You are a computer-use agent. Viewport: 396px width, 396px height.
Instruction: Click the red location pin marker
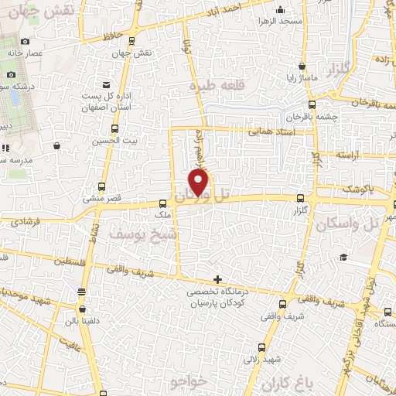pyautogui.click(x=199, y=182)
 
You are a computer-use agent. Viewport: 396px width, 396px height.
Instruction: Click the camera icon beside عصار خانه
pyautogui.click(x=26, y=41)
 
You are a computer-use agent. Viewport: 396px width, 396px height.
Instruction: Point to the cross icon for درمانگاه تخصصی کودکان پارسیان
pyautogui.click(x=217, y=279)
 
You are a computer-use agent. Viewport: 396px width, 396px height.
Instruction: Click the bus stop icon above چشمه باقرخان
pyautogui.click(x=312, y=105)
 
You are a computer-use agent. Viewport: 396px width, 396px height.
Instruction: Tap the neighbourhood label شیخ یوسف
pyautogui.click(x=144, y=232)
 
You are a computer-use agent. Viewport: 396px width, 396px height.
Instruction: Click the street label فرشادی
pyautogui.click(x=26, y=222)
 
